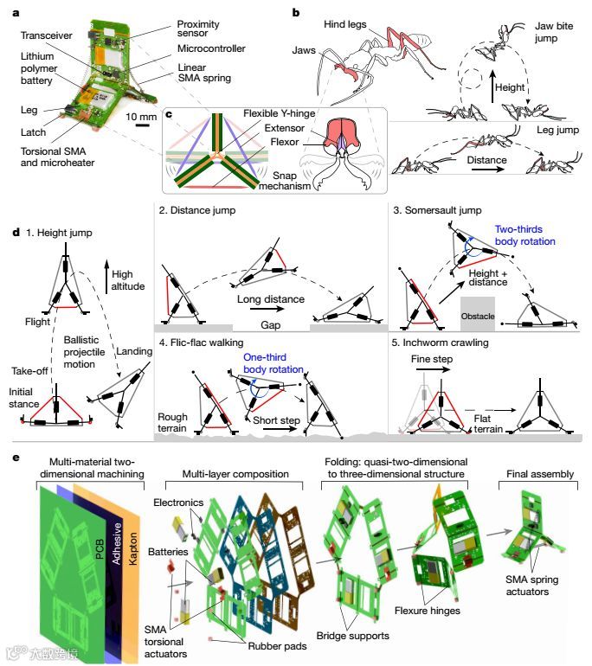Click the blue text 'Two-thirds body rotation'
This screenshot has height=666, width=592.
(527, 236)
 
